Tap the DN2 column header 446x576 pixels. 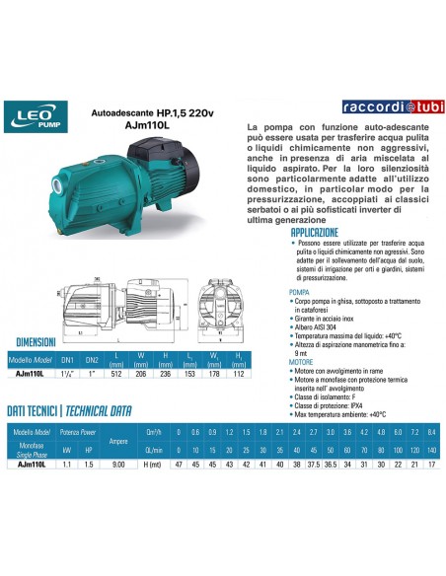tap(93, 360)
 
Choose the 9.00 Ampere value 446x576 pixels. tap(117, 463)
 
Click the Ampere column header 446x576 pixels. tap(117, 441)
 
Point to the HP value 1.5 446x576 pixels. tap(90, 463)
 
